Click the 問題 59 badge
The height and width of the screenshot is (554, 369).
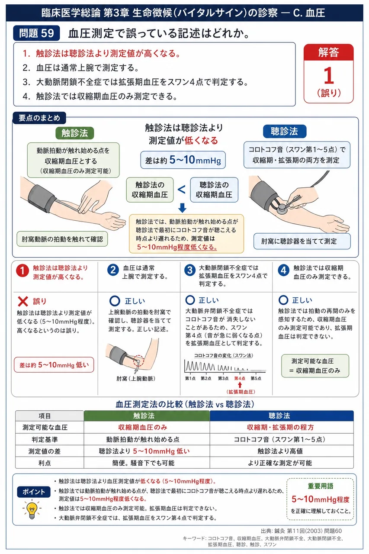(36, 33)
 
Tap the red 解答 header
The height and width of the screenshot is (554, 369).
(328, 52)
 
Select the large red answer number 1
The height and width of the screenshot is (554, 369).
(329, 76)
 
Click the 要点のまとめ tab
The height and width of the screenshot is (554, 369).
(39, 118)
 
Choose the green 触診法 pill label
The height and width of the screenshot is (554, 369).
(75, 133)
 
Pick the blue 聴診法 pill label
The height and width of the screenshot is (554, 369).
(285, 131)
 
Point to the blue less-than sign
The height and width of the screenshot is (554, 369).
(182, 190)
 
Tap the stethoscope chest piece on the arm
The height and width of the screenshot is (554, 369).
(282, 209)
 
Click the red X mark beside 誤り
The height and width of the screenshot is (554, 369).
(23, 301)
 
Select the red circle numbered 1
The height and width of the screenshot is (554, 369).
(22, 271)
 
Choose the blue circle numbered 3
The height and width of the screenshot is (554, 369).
(190, 270)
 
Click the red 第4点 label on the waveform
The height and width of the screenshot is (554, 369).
(240, 378)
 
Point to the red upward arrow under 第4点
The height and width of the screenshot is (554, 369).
(240, 385)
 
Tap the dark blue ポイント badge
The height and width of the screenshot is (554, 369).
(34, 492)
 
